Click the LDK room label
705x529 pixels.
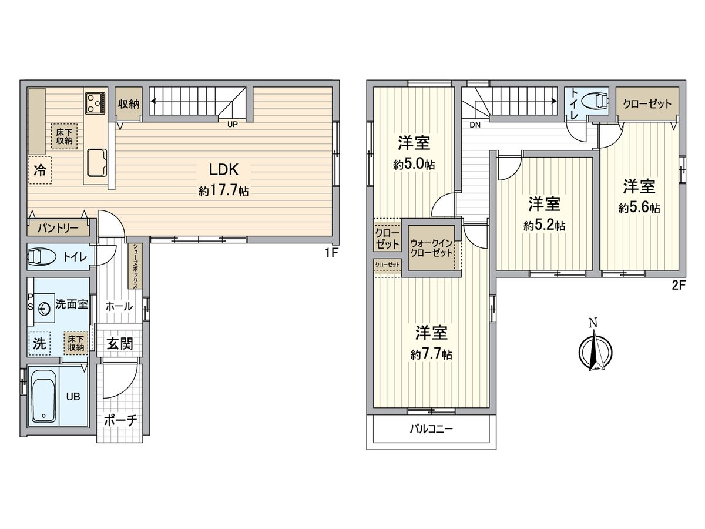(223, 170)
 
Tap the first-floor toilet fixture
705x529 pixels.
(42, 257)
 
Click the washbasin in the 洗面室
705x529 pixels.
(45, 307)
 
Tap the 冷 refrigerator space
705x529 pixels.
(39, 170)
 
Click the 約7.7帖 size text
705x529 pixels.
(432, 354)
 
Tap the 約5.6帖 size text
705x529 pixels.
(639, 208)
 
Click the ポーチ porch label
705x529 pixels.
(120, 421)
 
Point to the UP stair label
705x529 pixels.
(233, 123)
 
